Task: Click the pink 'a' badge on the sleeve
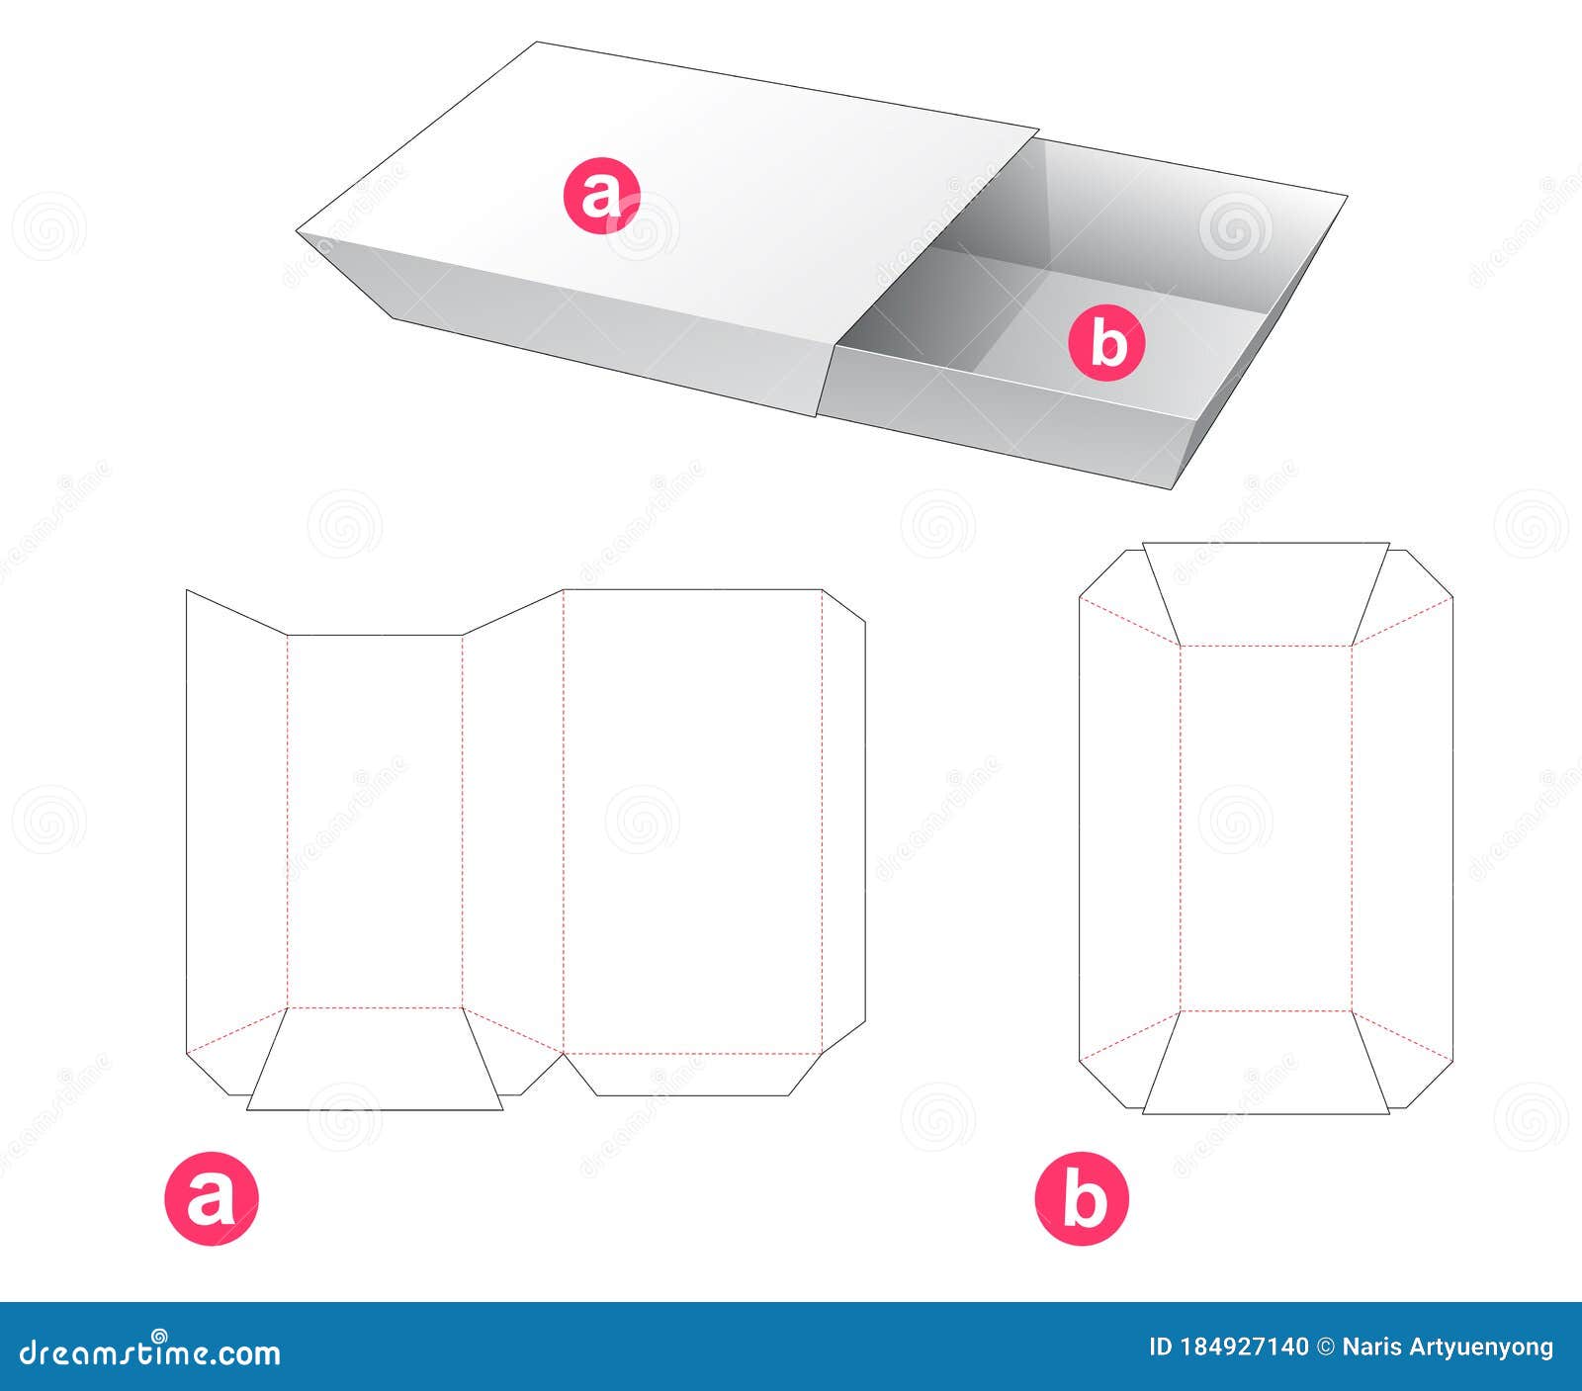click(601, 198)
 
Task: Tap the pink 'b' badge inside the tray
click(1106, 344)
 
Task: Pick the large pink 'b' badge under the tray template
click(1082, 1198)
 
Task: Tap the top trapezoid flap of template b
click(1266, 593)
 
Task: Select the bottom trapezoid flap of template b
click(1266, 1063)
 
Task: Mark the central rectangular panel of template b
click(1266, 828)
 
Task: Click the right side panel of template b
click(1402, 828)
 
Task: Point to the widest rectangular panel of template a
click(692, 821)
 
